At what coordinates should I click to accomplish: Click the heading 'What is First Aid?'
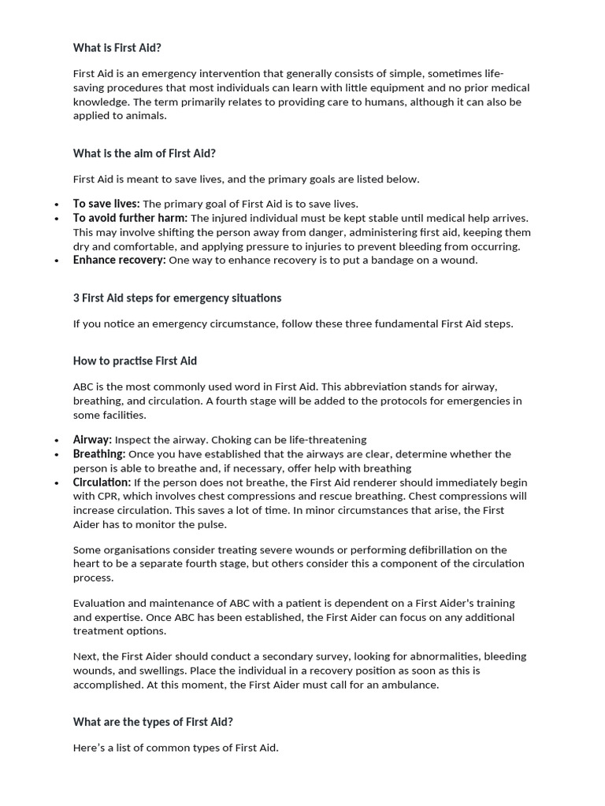coord(117,48)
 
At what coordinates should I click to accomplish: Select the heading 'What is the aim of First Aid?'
coord(144,153)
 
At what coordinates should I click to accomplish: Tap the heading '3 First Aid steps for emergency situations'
coord(177,298)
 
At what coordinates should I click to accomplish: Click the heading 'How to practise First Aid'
coord(135,361)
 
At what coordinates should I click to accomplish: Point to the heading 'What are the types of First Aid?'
coord(153,722)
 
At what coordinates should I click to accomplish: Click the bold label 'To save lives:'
coord(106,204)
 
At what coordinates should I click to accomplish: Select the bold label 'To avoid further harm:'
coord(130,218)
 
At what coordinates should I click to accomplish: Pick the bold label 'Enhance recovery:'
coord(119,261)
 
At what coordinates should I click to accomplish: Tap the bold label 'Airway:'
coord(92,440)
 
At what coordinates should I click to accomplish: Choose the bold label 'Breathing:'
coord(99,454)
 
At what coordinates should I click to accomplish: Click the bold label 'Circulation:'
coord(102,482)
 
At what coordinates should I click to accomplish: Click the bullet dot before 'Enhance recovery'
coord(57,261)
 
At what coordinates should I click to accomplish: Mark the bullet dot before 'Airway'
coord(57,441)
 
